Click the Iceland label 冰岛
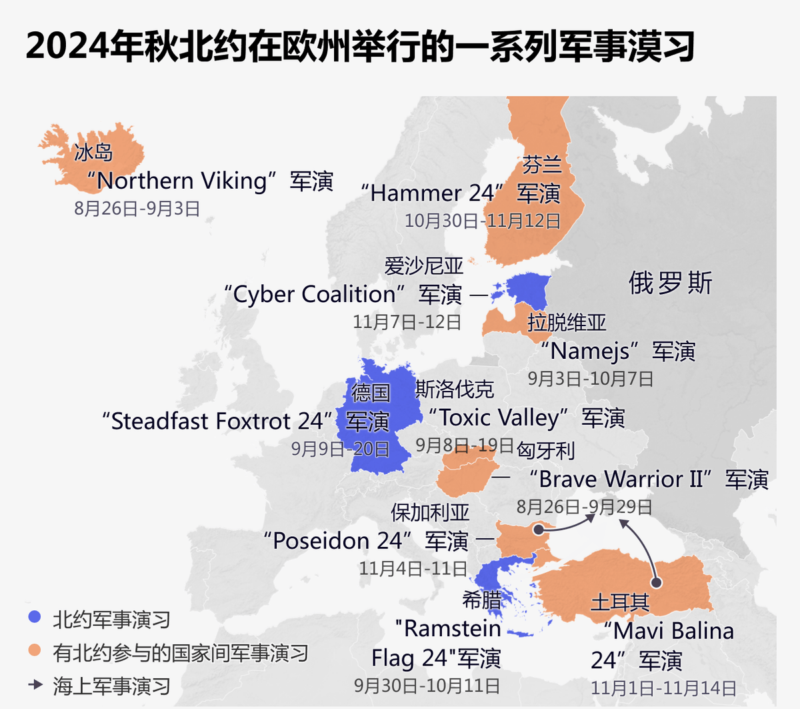coord(93,152)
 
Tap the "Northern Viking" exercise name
coord(181,181)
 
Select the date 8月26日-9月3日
coord(137,209)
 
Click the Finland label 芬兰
coord(541,165)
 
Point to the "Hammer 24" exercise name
coord(432,193)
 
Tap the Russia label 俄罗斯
coord(670,283)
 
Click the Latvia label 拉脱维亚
coord(567,323)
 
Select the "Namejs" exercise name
coord(591,351)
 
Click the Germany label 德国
coord(371,392)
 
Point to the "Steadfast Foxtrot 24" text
coord(217,422)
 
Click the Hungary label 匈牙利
coord(545,451)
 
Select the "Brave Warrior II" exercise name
coord(621,479)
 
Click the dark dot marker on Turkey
coord(656,583)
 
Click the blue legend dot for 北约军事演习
coord(35,618)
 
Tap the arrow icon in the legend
coord(35,685)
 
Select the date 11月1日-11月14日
coord(663,688)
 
